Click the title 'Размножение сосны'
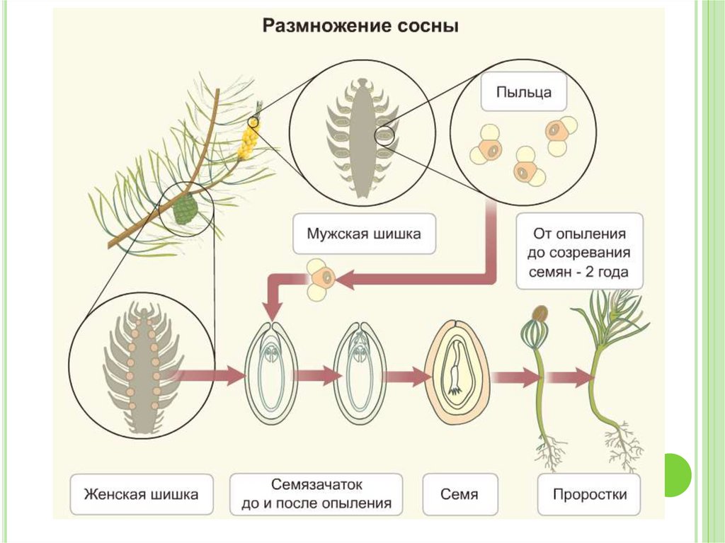[361, 27]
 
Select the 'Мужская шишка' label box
[363, 233]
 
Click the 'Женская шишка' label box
[141, 494]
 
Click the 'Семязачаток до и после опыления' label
[316, 494]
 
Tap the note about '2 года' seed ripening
[579, 251]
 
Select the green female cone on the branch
[185, 209]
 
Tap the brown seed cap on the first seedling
[540, 312]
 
